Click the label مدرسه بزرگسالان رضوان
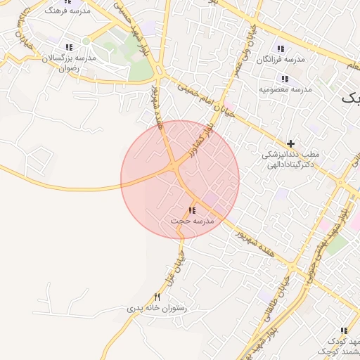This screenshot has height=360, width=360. (x=68, y=63)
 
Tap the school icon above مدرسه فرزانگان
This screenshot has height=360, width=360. (x=281, y=49)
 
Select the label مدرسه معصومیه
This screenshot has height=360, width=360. (x=285, y=90)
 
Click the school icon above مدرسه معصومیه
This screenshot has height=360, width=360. (x=285, y=79)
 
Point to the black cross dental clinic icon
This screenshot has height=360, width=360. (x=291, y=143)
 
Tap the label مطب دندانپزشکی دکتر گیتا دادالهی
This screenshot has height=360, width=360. (x=290, y=158)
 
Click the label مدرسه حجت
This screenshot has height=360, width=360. (x=192, y=221)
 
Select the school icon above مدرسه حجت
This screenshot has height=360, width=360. (x=192, y=210)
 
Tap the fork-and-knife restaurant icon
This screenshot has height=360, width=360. (x=157, y=297)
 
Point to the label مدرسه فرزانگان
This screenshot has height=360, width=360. (x=281, y=60)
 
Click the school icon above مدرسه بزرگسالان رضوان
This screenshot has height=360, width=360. (x=68, y=46)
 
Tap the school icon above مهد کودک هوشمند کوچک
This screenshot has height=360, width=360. (x=344, y=330)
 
